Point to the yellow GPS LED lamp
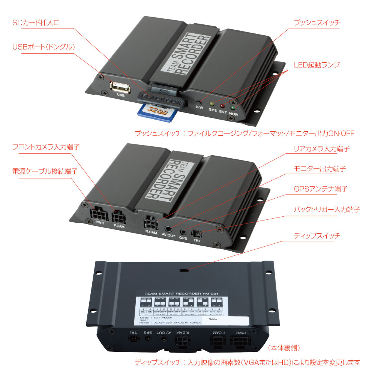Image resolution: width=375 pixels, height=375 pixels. pyautogui.click(x=212, y=104)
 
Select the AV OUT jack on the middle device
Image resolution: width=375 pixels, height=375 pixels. pyautogui.click(x=168, y=229)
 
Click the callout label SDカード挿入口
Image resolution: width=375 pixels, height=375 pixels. pyautogui.click(x=36, y=23)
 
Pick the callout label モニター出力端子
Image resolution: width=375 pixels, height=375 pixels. pyautogui.click(x=319, y=169)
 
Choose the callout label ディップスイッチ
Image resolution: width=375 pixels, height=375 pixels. pyautogui.click(x=317, y=236)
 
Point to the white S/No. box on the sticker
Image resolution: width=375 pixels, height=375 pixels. pyautogui.click(x=225, y=320)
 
